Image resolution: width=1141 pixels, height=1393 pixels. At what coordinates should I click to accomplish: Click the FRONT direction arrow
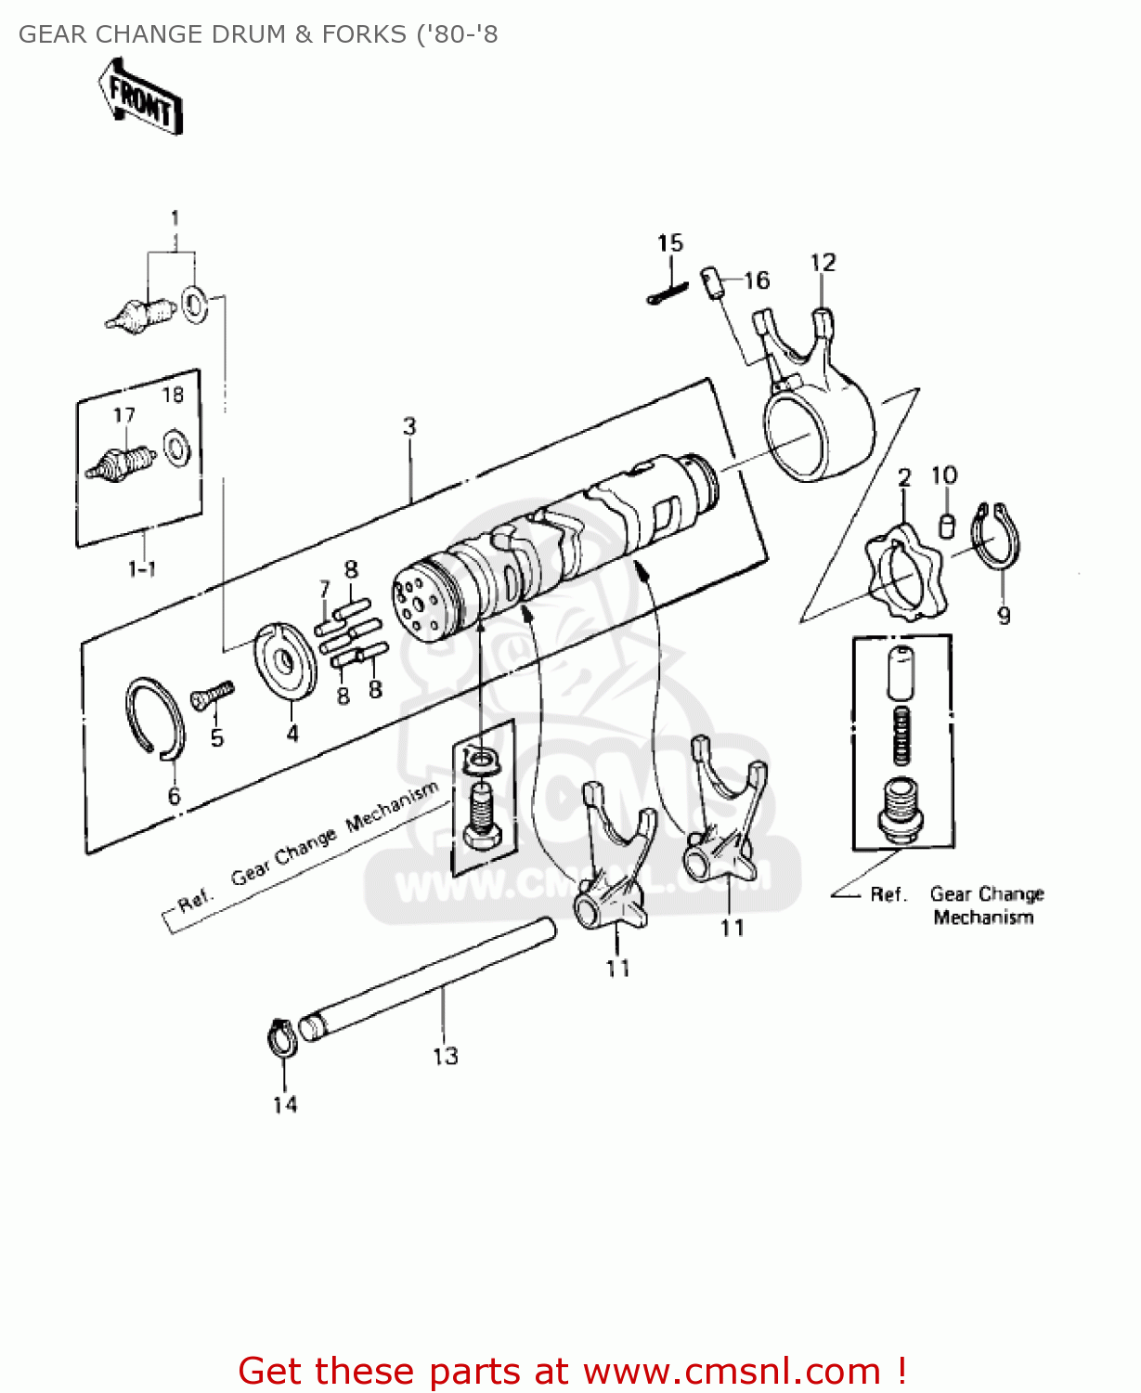tap(140, 97)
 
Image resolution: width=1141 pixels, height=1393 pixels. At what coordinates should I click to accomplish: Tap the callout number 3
tap(409, 426)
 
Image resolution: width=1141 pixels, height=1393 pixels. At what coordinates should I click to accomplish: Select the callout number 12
tap(823, 263)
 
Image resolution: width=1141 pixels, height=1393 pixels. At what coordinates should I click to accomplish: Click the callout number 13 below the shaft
tap(446, 1056)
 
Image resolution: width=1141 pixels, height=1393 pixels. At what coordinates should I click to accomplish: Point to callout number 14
tap(285, 1104)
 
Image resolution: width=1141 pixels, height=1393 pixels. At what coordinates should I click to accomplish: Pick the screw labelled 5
tap(213, 694)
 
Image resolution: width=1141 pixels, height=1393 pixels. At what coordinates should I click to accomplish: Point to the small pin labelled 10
tap(946, 524)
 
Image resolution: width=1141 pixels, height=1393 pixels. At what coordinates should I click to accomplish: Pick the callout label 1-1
tap(141, 568)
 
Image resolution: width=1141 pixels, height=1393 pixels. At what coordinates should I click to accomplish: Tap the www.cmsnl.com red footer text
tap(732, 1371)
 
